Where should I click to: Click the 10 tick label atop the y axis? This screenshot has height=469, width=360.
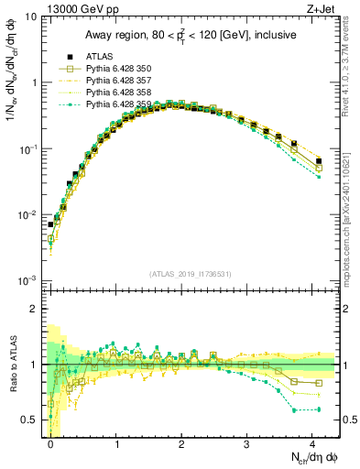(x=29, y=16)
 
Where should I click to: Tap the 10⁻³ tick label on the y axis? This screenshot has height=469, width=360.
(x=27, y=280)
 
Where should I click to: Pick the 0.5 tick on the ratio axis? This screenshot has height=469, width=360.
(x=30, y=420)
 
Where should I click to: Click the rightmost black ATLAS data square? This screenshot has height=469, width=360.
(x=319, y=161)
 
